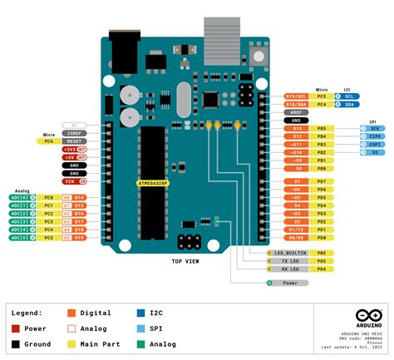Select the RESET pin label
73,141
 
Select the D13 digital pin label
296,129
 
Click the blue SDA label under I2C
348,104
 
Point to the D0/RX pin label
296,238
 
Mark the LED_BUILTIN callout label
286,252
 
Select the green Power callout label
288,283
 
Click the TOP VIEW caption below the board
185,261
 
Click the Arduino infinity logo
367,315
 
